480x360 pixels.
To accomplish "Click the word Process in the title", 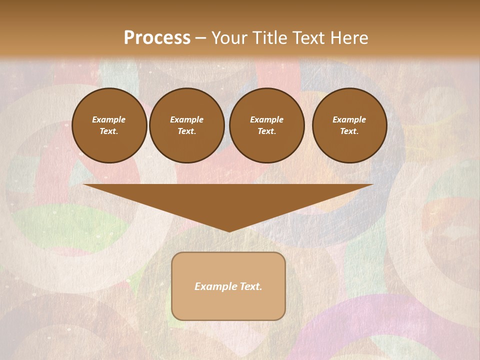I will [157, 38].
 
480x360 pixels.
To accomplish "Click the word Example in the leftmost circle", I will [109, 119].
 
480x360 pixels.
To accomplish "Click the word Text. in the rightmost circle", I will [349, 131].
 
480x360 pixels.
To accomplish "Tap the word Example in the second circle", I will [187, 119].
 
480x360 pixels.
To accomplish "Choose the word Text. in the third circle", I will [267, 131].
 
